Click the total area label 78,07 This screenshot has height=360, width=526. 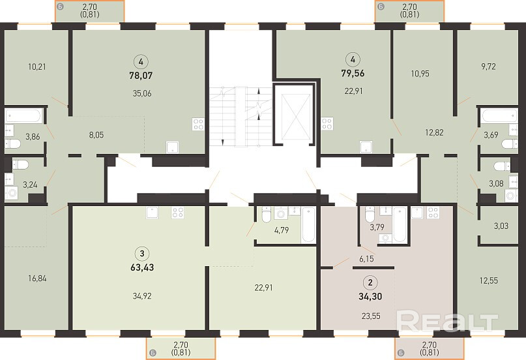click(x=141, y=76)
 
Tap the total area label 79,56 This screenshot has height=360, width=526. click(x=353, y=73)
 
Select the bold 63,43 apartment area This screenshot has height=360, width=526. click(x=142, y=267)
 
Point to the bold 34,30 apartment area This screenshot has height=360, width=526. click(x=370, y=297)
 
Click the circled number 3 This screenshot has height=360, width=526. click(x=142, y=253)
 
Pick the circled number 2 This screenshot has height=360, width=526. click(x=370, y=282)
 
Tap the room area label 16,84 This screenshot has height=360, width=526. click(x=37, y=278)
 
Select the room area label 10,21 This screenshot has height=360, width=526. click(x=37, y=67)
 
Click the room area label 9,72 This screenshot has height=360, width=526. click(x=488, y=67)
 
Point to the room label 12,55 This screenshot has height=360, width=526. click(x=489, y=280)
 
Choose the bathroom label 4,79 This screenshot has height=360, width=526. click(x=282, y=230)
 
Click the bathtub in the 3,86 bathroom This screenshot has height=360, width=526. click(x=23, y=115)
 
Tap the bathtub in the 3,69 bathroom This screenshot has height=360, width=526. click(x=499, y=115)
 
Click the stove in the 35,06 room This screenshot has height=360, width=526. click(x=198, y=124)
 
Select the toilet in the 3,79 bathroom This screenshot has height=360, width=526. click(x=370, y=215)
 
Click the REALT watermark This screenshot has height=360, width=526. click(x=447, y=322)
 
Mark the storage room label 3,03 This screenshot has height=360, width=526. click(x=501, y=226)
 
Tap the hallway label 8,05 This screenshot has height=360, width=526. click(x=96, y=135)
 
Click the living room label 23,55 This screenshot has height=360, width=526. click(x=371, y=316)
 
